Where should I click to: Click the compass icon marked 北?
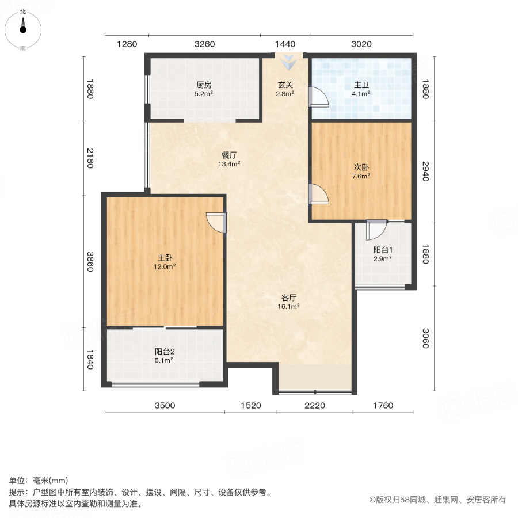[x=23, y=27]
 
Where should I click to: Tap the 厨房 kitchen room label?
[x=204, y=85]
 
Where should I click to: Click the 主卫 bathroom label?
[x=361, y=85]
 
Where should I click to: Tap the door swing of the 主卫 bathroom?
[x=318, y=98]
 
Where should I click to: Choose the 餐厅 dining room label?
[x=230, y=155]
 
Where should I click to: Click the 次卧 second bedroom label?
[x=361, y=167]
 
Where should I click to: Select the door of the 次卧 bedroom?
[x=318, y=195]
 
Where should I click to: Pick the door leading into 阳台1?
[x=375, y=230]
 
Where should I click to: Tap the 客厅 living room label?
[x=289, y=298]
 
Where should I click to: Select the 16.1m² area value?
[x=289, y=307]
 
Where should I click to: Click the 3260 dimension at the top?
[x=205, y=44]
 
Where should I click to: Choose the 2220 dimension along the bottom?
[x=315, y=405]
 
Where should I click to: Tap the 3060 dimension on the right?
[x=425, y=338]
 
